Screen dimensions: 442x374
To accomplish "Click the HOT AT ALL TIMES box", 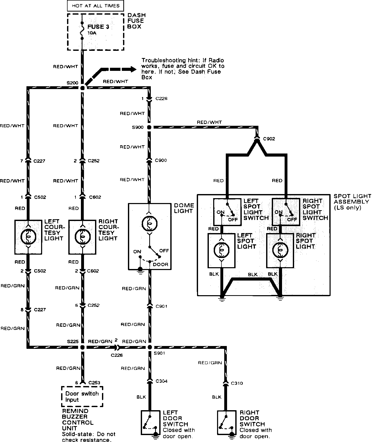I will (x=96, y=6).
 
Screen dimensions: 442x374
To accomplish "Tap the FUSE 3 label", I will (x=98, y=27).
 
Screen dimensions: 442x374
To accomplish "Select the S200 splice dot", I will (x=82, y=88).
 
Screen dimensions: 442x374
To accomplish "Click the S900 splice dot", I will (x=149, y=127).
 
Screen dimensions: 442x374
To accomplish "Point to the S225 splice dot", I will (x=82, y=347).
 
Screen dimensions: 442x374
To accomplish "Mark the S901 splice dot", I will (x=150, y=347).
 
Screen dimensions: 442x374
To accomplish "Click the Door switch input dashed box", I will (x=82, y=397).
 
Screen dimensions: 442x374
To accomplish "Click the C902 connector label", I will (x=269, y=139).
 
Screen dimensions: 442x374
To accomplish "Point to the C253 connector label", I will (x=94, y=383).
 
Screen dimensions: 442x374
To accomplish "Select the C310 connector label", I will (x=237, y=383).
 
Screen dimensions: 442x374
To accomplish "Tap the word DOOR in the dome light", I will (x=161, y=265).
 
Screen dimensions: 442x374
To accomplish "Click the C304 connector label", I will (x=162, y=381).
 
